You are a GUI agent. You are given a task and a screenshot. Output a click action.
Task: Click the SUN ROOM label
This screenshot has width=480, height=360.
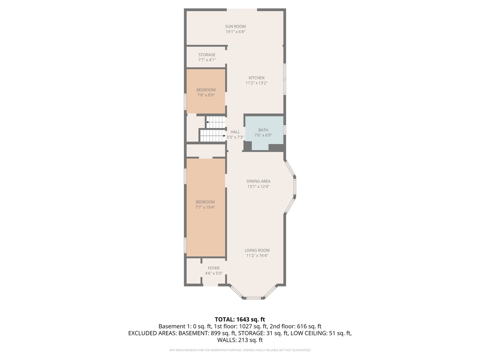(x=235, y=26)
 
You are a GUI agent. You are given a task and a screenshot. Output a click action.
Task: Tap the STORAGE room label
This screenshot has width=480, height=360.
(x=207, y=55)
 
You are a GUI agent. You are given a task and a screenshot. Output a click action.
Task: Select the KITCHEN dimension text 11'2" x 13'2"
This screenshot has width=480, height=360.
(x=256, y=83)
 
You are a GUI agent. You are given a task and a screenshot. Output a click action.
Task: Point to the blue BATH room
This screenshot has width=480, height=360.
(x=264, y=133)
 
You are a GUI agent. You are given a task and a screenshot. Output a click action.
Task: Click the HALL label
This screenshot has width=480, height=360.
(x=235, y=132)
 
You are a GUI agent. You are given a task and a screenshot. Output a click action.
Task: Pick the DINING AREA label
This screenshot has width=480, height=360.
(x=258, y=181)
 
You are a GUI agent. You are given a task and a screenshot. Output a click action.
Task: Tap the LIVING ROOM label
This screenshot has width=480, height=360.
(x=257, y=250)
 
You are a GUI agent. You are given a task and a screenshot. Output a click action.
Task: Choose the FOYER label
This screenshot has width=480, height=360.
(x=214, y=268)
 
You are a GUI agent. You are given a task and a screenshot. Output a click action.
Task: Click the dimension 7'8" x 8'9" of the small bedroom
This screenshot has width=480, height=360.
(x=206, y=95)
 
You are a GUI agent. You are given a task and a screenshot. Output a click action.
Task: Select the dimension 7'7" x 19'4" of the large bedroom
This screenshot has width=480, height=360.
(x=205, y=207)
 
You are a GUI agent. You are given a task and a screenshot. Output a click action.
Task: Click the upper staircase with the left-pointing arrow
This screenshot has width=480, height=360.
(x=216, y=122)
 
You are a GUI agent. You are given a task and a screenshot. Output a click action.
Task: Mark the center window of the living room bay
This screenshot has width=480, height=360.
(x=254, y=298)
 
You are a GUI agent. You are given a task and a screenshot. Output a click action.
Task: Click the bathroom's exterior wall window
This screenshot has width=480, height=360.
(x=285, y=130)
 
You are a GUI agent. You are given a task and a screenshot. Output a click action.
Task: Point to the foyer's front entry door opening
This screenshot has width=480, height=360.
(x=210, y=285)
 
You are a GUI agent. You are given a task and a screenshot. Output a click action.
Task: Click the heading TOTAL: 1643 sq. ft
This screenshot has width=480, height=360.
(x=240, y=319)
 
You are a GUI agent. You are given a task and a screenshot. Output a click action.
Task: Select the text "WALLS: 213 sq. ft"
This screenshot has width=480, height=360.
(x=240, y=340)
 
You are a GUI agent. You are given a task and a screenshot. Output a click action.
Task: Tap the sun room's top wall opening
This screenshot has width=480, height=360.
(x=242, y=10)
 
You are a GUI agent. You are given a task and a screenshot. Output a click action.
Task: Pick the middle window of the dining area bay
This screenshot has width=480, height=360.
(x=295, y=186)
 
